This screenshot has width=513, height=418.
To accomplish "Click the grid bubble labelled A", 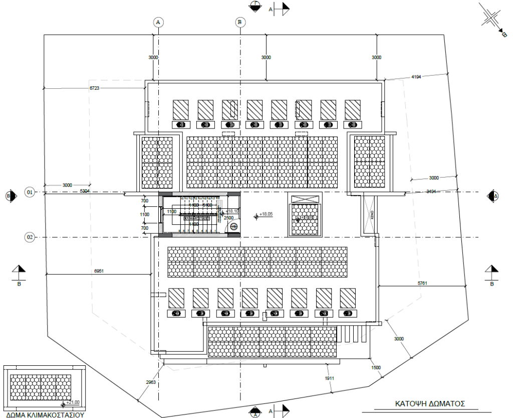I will (x=158, y=22).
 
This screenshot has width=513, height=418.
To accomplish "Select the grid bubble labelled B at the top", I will (x=240, y=22).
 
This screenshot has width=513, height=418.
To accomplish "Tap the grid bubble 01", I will (x=30, y=192).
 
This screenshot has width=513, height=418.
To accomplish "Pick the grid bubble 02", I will (x=30, y=237).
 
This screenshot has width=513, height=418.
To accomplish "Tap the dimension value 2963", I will (x=151, y=382).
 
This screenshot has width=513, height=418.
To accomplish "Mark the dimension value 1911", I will (x=329, y=378).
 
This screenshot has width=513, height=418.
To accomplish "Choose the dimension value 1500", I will (x=376, y=368).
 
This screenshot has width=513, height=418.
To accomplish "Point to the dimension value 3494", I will (x=432, y=192).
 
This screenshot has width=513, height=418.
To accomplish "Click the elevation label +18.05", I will (x=267, y=214).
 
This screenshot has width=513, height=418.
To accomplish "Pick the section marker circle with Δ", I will (x=492, y=196).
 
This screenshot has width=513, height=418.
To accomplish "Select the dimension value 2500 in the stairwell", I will (x=228, y=218).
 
